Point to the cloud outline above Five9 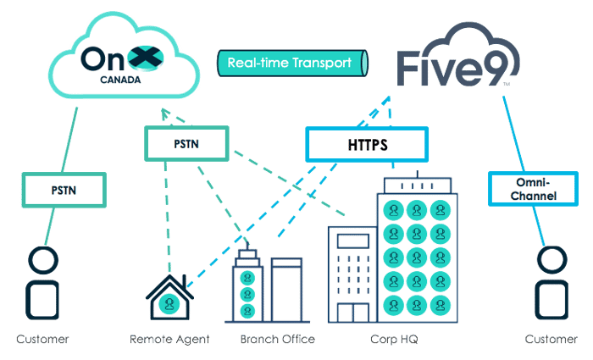[474, 30]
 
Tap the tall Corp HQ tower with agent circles [414, 254]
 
